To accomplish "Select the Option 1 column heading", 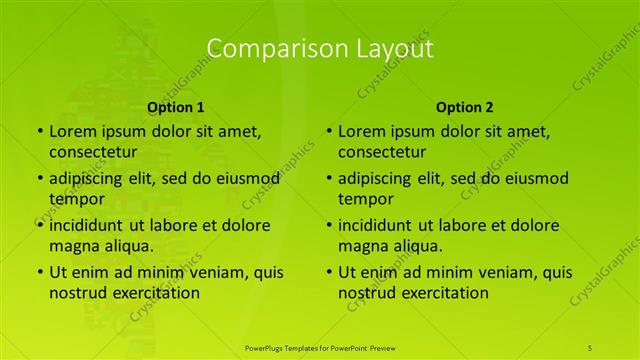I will [x=176, y=107].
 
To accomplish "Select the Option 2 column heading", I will [x=465, y=107].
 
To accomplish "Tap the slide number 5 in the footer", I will [x=590, y=347].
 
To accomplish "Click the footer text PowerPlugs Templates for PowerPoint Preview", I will [x=320, y=347].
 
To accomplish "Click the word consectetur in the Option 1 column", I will [x=98, y=152].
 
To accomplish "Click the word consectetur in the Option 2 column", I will [x=387, y=152].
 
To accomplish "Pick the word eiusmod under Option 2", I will [x=534, y=178].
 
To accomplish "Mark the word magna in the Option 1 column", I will [x=73, y=246].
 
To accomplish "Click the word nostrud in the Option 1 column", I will [x=79, y=293].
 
